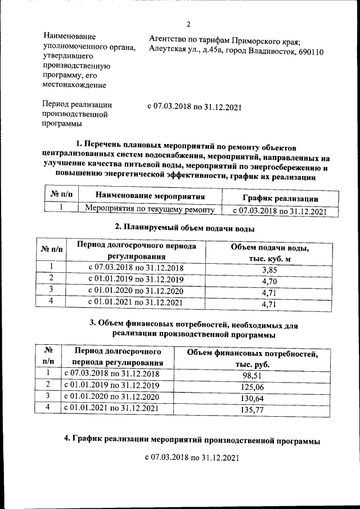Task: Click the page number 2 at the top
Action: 189,24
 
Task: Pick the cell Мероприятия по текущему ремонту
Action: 150,211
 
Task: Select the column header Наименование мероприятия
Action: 150,196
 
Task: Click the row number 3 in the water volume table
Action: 51,290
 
